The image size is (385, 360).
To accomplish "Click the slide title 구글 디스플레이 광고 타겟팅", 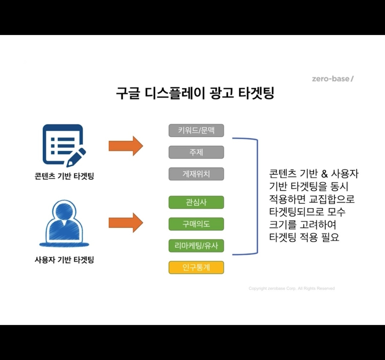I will coord(195,93).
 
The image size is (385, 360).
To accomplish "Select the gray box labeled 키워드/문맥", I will coord(196,130).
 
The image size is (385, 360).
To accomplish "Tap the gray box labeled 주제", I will coord(196,152).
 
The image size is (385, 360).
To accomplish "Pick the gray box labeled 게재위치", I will coord(196,174).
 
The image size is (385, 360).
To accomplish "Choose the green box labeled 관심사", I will coord(196,202).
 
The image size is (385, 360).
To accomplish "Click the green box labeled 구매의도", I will coord(196,224).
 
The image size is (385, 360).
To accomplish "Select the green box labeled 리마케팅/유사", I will coord(196,246).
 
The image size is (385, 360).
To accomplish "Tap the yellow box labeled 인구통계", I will coord(196,268).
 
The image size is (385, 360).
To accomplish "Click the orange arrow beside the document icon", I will coord(126,146).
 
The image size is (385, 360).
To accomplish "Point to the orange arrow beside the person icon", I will coord(126,223).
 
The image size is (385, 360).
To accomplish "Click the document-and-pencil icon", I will coord(64,145).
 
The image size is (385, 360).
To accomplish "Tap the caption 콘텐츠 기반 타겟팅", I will coord(64,176).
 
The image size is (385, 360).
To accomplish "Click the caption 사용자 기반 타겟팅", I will coord(64,260).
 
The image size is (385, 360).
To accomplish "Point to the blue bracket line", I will coord(257,196).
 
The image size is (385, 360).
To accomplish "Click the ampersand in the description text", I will coord(324,174).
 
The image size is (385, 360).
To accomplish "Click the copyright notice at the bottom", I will coord(292,288).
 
